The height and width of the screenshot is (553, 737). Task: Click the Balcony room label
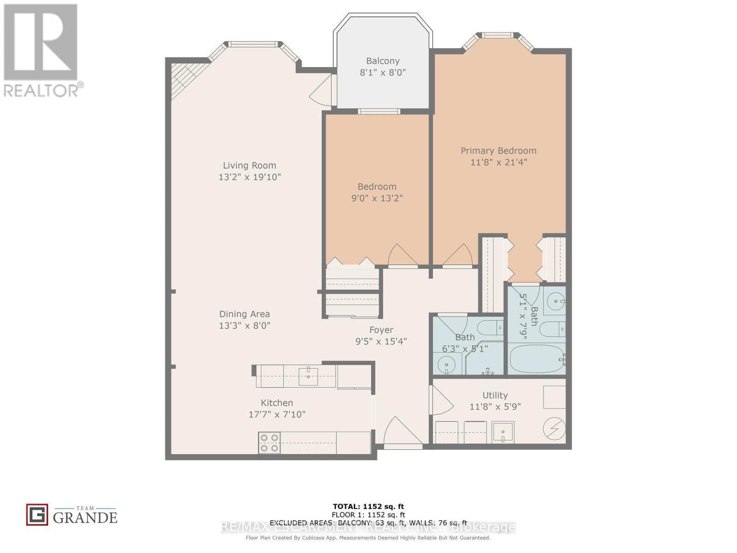pos(382,61)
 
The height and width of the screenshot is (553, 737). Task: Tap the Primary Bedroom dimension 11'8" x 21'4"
pos(498,162)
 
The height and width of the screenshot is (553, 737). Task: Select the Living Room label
pos(249,165)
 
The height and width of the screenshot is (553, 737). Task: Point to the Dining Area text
pos(244,314)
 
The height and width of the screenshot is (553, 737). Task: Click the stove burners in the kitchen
pos(269,442)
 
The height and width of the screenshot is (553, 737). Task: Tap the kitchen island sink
pos(308,376)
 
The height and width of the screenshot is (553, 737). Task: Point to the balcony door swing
pos(322,91)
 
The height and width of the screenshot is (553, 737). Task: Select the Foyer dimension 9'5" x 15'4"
pos(381,341)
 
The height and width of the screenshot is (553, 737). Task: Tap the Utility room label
pos(495,395)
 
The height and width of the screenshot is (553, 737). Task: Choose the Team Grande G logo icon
pos(37,515)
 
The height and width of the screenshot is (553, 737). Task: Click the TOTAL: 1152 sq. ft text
pos(368,506)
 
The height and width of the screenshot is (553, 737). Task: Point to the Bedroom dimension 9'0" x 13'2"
pos(377,198)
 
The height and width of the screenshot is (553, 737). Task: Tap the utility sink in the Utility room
pos(503,432)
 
